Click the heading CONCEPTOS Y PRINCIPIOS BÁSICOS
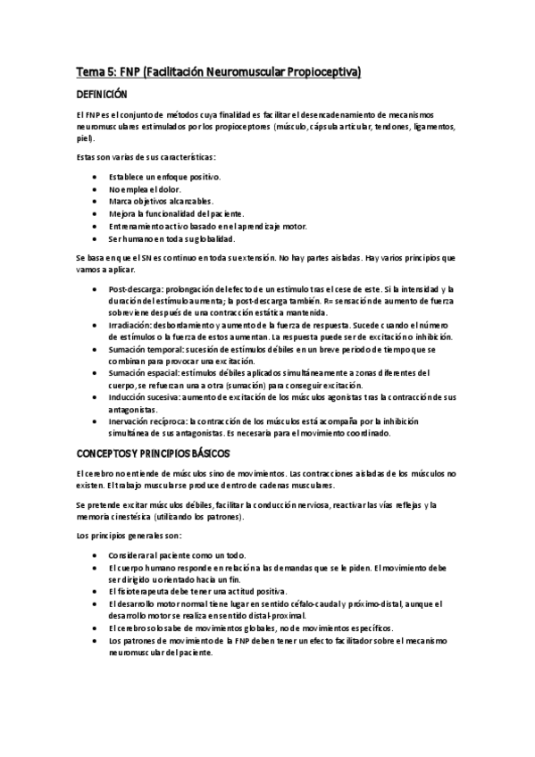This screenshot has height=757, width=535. [x=154, y=453]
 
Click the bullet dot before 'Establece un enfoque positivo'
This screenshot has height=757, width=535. [x=96, y=177]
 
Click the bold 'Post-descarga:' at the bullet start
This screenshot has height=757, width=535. [x=132, y=289]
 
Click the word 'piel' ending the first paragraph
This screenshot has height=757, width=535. [x=83, y=138]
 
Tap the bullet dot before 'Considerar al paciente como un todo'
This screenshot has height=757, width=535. [x=96, y=554]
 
